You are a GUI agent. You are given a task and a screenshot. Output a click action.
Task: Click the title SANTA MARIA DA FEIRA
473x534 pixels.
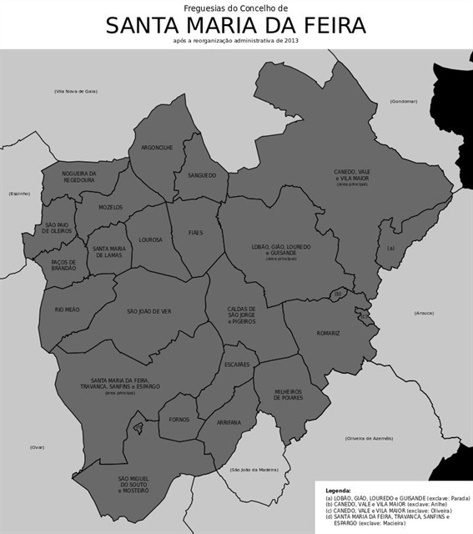(236, 26)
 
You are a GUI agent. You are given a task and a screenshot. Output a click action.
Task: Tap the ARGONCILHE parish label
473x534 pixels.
(157, 148)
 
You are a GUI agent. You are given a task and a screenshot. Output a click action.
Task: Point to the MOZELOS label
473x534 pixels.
(110, 207)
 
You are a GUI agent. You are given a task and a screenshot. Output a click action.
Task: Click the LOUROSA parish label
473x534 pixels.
(150, 239)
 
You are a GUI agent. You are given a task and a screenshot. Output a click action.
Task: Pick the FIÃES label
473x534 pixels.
(195, 233)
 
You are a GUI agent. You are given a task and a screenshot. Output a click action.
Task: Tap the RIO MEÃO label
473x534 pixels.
(67, 310)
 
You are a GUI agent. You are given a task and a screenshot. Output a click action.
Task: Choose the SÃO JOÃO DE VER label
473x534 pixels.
(148, 311)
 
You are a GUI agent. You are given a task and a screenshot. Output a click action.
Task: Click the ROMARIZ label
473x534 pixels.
(328, 333)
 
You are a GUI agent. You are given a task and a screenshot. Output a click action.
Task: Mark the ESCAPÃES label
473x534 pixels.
(237, 365)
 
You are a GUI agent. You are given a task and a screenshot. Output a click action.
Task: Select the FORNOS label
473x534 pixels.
(179, 420)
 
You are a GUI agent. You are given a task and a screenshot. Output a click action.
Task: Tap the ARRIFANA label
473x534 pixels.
(229, 422)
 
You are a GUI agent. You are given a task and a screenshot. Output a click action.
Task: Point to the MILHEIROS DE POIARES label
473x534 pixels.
(289, 395)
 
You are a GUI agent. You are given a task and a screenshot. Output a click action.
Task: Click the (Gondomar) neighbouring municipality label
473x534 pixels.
(403, 101)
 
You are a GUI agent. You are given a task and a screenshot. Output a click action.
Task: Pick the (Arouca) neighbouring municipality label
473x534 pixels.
(425, 313)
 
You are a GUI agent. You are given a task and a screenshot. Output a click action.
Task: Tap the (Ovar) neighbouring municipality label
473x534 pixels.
(37, 447)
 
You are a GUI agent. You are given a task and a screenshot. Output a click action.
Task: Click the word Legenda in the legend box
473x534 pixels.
(338, 491)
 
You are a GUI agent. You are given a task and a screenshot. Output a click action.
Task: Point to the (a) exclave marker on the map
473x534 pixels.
(390, 248)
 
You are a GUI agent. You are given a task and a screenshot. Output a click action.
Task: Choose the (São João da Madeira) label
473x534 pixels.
(254, 470)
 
